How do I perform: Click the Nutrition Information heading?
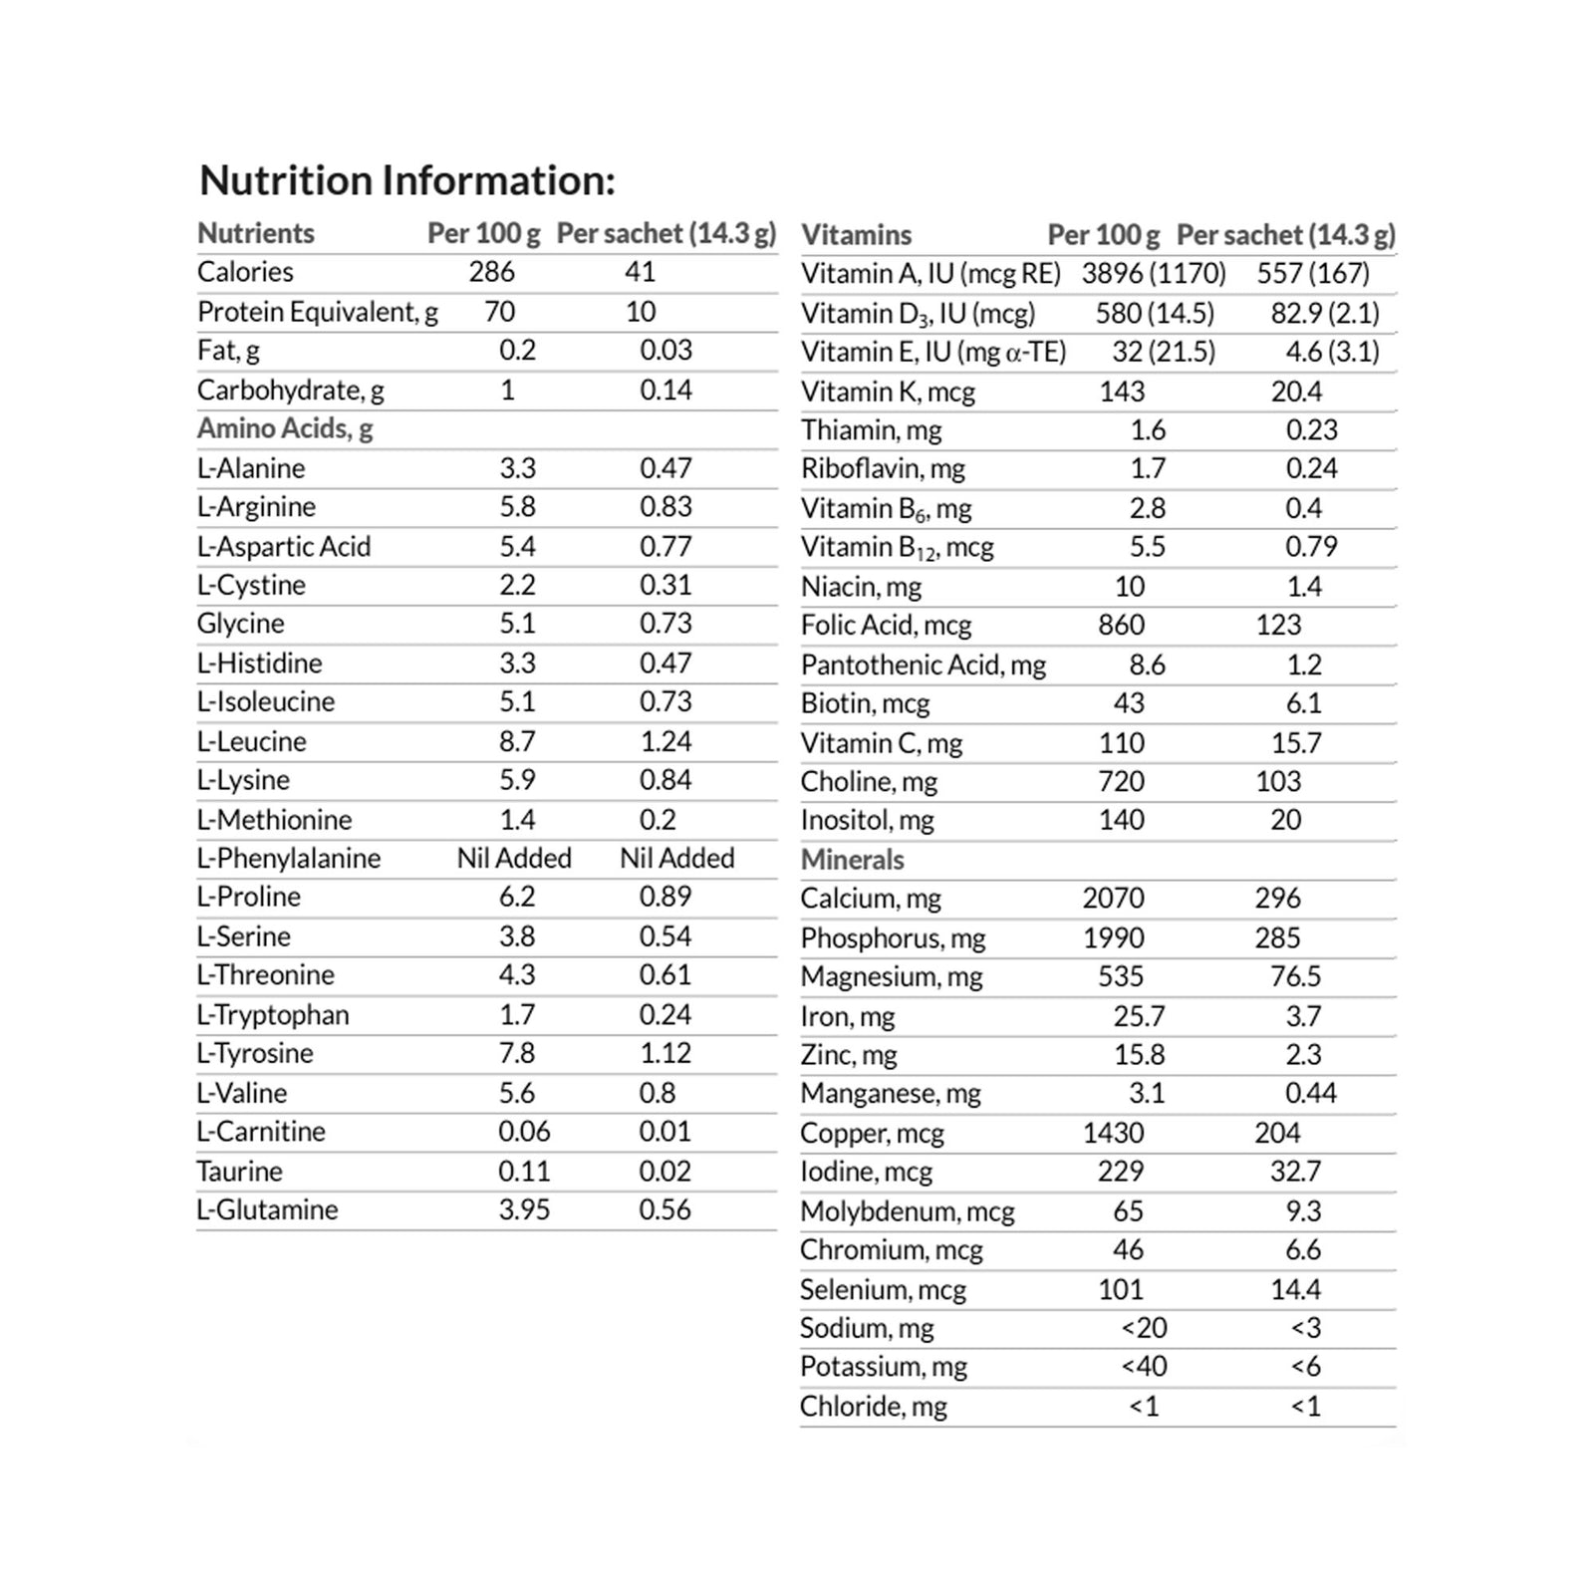coord(407,181)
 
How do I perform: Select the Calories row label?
coord(245,272)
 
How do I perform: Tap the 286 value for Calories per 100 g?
coord(492,272)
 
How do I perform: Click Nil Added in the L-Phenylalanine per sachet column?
coord(676,858)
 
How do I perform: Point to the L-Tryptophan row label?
coord(273,1014)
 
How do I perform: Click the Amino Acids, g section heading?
coord(285,428)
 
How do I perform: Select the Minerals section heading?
coord(852,860)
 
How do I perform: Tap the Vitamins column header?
coord(856,235)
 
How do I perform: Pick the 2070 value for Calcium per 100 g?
coord(1113,899)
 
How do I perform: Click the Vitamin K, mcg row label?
coord(888,392)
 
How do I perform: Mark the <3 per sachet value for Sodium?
coord(1305,1328)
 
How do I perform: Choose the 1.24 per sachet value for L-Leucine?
coord(665,741)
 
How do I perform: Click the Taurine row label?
coord(239,1171)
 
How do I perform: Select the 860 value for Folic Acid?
coord(1121,625)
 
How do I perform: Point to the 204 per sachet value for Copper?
coord(1277,1133)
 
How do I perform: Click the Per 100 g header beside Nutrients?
coord(483,233)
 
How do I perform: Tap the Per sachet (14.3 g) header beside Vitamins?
coord(1285,235)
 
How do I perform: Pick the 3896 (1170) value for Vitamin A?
coord(1154,273)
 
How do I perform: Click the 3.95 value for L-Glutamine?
coord(524,1209)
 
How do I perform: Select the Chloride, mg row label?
coord(873,1406)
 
